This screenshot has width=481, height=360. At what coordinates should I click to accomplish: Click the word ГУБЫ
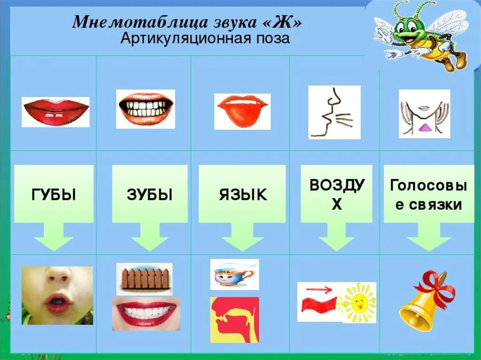coord(54,195)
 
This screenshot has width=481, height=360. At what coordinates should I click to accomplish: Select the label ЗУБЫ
coord(150,195)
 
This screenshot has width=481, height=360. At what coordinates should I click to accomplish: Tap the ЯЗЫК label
coord(243,195)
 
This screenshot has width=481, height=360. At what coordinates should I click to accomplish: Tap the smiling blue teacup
coord(234,275)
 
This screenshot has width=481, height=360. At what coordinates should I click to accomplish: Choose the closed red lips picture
coord(55,112)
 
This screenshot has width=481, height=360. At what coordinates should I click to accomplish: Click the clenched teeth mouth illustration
coord(146,109)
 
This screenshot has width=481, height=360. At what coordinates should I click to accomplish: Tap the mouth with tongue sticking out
coord(242,111)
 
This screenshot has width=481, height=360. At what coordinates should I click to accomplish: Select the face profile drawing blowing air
coord(334,112)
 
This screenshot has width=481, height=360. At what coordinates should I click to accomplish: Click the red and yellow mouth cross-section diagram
coord(235,320)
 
